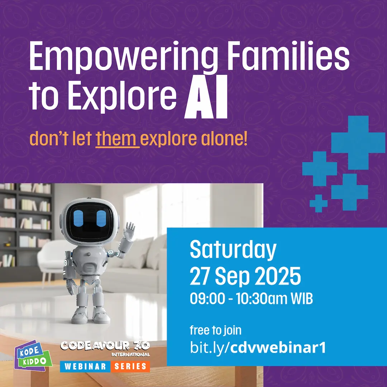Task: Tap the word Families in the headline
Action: tap(288, 56)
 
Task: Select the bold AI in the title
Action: tap(206, 97)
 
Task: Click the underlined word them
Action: tap(116, 139)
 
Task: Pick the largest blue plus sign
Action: tap(358, 143)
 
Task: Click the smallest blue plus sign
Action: tap(319, 204)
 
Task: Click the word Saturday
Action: tap(233, 250)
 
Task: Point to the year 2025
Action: tap(277, 276)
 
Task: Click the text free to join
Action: tap(215, 330)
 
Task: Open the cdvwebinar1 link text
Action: tap(278, 348)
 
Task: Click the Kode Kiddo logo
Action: tap(33, 355)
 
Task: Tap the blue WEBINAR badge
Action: tap(85, 366)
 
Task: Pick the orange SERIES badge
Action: tap(130, 366)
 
